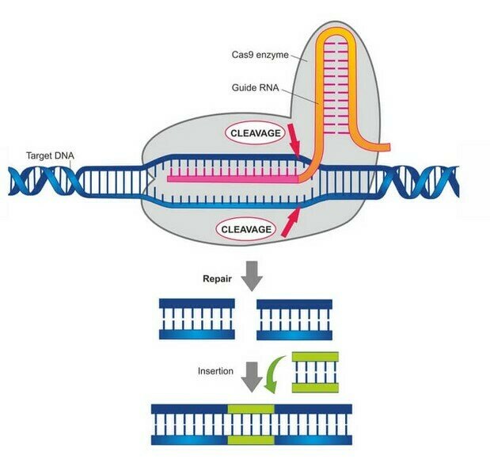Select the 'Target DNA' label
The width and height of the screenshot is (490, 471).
48,155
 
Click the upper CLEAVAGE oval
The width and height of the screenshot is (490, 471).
255,133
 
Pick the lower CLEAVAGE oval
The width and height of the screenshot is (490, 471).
247,229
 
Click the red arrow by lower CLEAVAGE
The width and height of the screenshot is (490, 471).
290,223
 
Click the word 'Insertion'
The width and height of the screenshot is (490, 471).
216,371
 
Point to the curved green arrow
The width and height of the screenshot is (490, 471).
275,372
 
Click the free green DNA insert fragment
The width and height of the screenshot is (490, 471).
316,372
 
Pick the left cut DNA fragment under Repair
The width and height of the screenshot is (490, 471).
197,319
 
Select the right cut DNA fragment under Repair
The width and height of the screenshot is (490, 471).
294,319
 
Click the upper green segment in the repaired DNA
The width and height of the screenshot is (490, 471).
251,409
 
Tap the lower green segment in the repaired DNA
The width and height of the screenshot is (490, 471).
251,438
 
